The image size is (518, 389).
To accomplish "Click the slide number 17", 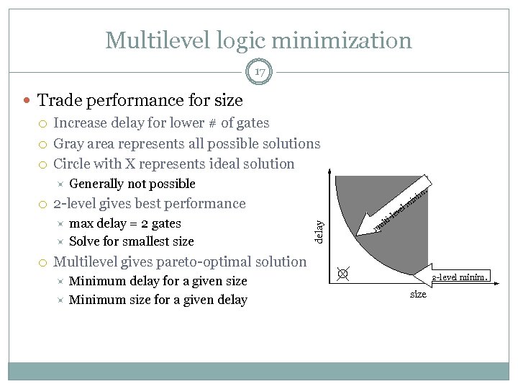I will point(259,71).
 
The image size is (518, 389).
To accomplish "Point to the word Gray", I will point(71,144).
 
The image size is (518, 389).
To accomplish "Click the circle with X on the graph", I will point(343,274).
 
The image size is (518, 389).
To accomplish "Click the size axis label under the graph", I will point(418,294).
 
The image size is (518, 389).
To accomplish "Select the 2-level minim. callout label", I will point(460,276).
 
